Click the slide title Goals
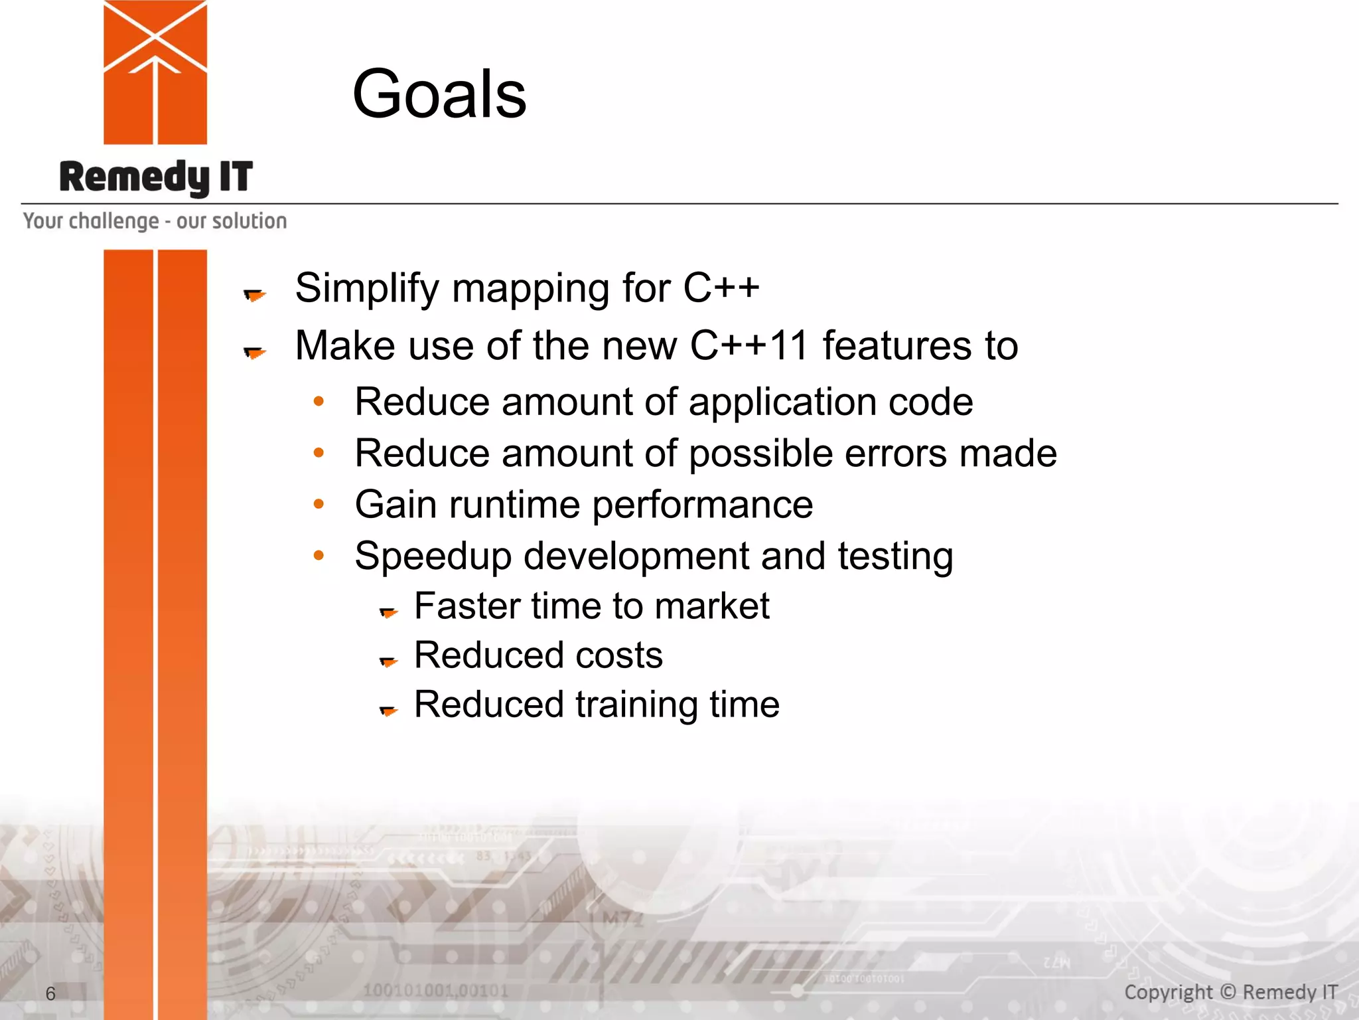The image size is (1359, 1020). pyautogui.click(x=439, y=94)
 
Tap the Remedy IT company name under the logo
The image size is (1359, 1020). pyautogui.click(x=156, y=177)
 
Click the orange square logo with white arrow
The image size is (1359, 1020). pyautogui.click(x=155, y=72)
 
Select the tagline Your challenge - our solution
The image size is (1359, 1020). pyautogui.click(x=155, y=221)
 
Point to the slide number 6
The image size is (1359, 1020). pyautogui.click(x=50, y=993)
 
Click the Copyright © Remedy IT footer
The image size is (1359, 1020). pyautogui.click(x=1230, y=992)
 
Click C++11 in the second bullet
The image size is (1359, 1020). pyautogui.click(x=749, y=346)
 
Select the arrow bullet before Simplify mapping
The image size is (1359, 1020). pyautogui.click(x=254, y=294)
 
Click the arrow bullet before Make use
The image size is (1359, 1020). pyautogui.click(x=254, y=352)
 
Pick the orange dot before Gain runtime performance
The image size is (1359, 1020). pyautogui.click(x=319, y=504)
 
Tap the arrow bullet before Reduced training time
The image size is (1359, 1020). pyautogui.click(x=388, y=711)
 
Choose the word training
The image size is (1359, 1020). pyautogui.click(x=636, y=705)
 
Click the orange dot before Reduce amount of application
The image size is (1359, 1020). pyautogui.click(x=319, y=401)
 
